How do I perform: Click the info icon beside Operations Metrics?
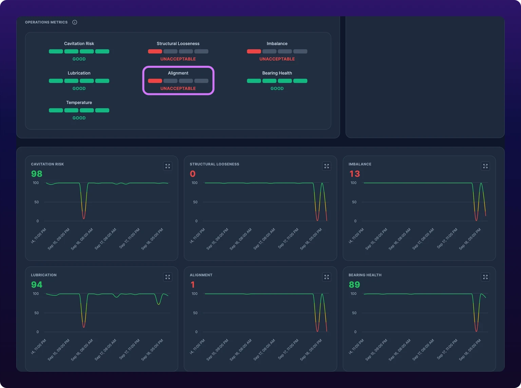tap(75, 22)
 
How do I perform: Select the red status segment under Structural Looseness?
tap(155, 52)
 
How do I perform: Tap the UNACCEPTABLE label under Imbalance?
tap(277, 59)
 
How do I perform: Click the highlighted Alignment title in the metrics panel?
tap(178, 73)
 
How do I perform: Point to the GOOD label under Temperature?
tap(79, 118)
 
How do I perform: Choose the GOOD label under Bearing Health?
tap(277, 89)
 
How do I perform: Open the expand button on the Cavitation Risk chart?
tap(168, 166)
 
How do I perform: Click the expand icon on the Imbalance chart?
tap(485, 166)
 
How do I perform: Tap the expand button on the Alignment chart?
tap(327, 277)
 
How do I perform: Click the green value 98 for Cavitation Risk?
tap(37, 174)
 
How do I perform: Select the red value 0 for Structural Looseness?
tap(193, 174)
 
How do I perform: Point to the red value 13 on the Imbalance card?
tap(354, 174)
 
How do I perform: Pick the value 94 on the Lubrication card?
tap(37, 285)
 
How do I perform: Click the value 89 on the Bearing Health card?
tap(354, 285)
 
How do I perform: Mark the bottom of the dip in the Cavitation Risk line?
tap(84, 219)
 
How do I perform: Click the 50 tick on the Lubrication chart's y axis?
tap(36, 313)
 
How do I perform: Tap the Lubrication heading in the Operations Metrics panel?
tap(79, 73)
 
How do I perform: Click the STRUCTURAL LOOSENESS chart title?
tap(214, 164)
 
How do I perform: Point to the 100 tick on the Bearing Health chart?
tap(353, 294)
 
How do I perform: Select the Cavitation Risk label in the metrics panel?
tap(79, 44)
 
